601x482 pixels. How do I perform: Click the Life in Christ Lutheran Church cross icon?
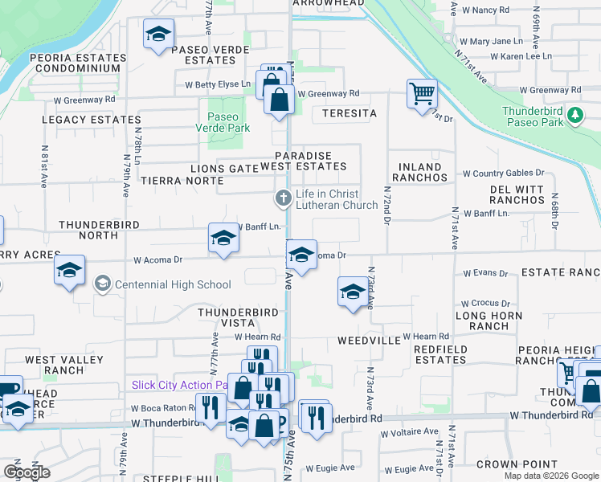point(283,198)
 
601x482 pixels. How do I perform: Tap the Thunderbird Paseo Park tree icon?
point(574,116)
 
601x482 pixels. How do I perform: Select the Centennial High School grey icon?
point(102,284)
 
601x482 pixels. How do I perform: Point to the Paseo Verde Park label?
point(223,122)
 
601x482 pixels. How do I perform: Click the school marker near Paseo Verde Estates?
point(158,35)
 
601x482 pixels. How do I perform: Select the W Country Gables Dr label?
point(503,173)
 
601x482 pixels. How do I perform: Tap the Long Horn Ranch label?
point(482,321)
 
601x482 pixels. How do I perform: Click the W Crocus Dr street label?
point(485,304)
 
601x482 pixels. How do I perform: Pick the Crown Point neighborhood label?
point(517,464)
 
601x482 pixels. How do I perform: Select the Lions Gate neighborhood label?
point(223,168)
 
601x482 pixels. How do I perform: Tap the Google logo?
point(27,472)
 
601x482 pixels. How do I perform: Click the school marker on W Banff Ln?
point(223,238)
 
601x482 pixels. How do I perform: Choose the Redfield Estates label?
point(440,354)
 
